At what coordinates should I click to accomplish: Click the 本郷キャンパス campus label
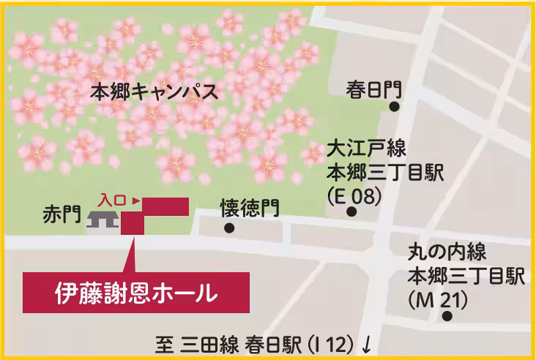point(154,93)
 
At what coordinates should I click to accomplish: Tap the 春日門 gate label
point(374,90)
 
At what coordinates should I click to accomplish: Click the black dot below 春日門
point(394,107)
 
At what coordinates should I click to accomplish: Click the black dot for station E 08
point(351,212)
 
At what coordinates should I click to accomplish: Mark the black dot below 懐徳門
point(229,228)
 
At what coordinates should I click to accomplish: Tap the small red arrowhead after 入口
point(136,198)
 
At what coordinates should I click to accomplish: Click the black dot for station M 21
point(447,317)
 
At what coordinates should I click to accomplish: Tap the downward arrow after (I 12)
point(366,343)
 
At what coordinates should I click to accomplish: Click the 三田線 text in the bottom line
point(204,342)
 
